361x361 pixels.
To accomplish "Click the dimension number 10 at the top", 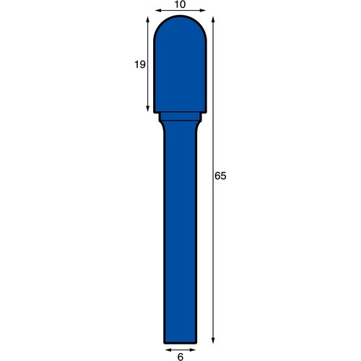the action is (180, 4).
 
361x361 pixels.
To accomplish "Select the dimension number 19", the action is (140, 64).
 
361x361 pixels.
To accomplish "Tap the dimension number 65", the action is (220, 176).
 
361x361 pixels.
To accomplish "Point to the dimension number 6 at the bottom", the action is (180, 357).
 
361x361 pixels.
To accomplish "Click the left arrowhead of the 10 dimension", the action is (158, 10).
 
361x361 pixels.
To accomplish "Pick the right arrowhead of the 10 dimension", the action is (203, 10).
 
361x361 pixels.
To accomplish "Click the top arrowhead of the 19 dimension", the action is (148, 19).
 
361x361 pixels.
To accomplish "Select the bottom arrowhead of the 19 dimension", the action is (148, 109).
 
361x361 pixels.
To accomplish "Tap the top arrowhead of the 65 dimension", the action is (213, 19).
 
